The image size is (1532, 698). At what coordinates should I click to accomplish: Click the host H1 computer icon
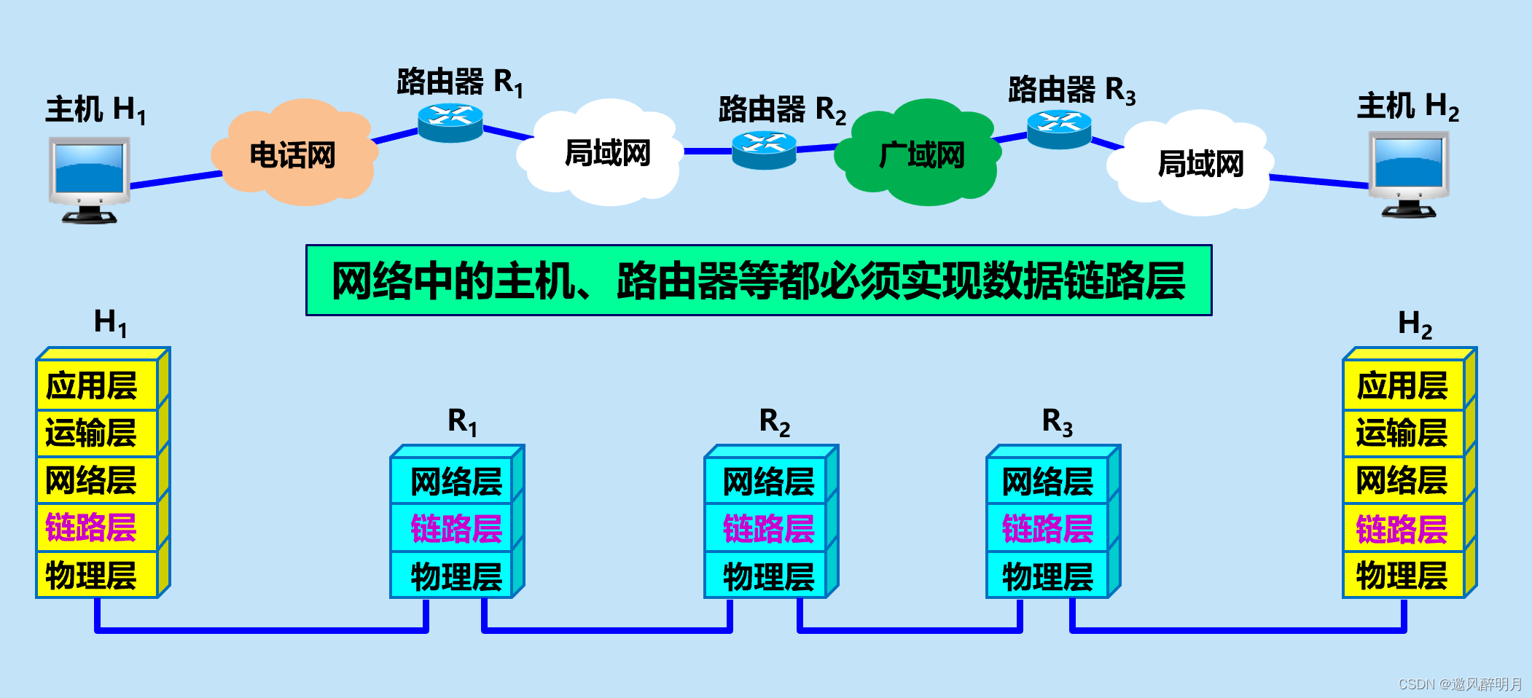[x=89, y=179]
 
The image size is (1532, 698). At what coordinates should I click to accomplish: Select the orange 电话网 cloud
[x=293, y=154]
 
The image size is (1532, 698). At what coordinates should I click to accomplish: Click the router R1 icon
[x=450, y=122]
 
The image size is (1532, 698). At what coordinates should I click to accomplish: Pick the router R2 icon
[x=764, y=149]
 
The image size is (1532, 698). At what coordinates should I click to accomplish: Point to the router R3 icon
[x=1059, y=129]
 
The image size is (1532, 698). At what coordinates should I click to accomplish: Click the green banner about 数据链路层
[x=758, y=281]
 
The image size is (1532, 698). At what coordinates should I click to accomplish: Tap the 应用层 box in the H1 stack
[x=97, y=385]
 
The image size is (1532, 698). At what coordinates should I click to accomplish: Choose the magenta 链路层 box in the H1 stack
[x=97, y=528]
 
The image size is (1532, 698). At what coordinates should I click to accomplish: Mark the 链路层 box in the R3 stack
[x=1047, y=528]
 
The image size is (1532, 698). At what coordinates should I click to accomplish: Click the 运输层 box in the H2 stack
[x=1403, y=433]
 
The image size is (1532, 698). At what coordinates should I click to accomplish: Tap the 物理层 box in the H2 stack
[x=1403, y=576]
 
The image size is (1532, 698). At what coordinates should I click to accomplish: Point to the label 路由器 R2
[x=781, y=110]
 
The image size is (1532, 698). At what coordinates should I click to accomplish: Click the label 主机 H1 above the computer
[x=95, y=110]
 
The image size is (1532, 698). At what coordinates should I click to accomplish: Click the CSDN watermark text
[x=1459, y=683]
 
